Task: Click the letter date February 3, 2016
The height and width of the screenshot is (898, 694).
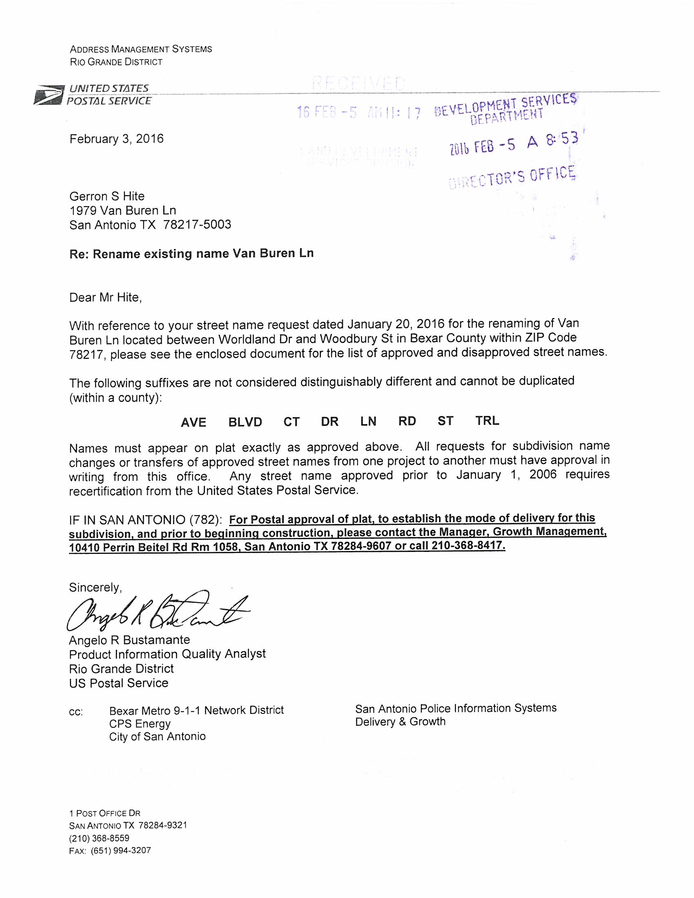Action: tap(116, 139)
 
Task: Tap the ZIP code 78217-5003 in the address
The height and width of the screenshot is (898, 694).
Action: tap(197, 224)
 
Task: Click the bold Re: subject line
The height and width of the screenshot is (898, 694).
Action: tap(191, 253)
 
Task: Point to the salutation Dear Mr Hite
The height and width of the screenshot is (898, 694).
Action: tap(106, 297)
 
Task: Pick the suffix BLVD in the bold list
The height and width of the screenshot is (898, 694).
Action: tap(245, 422)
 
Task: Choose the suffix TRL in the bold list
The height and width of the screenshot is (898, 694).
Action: tap(487, 420)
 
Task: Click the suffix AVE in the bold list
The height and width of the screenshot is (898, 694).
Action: tap(193, 423)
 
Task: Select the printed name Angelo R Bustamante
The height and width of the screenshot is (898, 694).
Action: tap(129, 640)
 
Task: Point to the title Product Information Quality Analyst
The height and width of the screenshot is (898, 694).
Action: tap(167, 654)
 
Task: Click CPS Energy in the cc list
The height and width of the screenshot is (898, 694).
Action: tap(140, 723)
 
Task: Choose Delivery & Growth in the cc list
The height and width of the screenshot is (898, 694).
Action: tap(400, 722)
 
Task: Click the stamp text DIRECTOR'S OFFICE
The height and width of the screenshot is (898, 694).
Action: tap(512, 178)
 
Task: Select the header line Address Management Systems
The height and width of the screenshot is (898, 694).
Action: tap(141, 49)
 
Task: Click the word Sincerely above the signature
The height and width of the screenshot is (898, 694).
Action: tap(96, 587)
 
